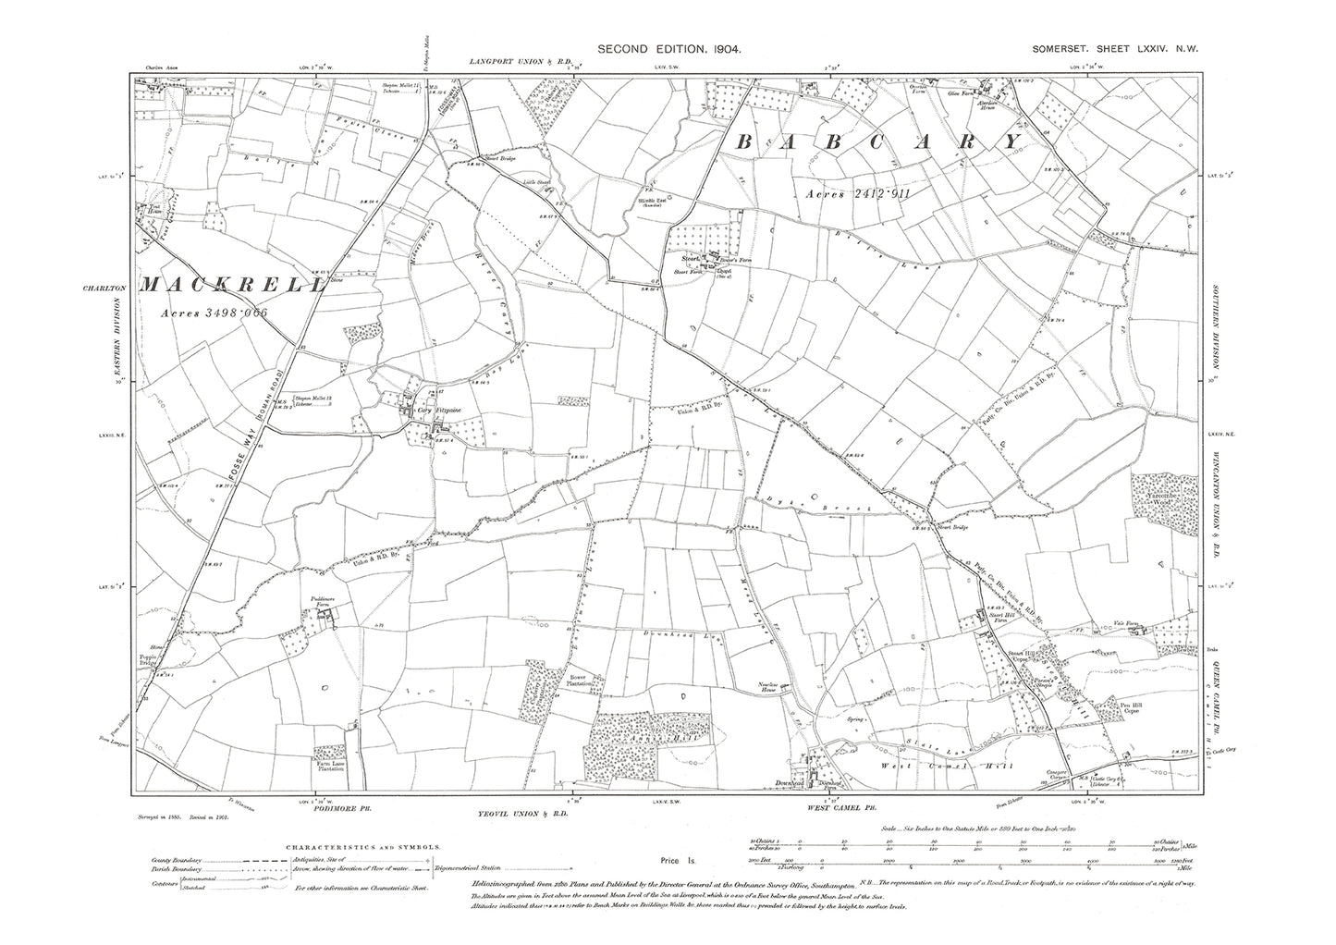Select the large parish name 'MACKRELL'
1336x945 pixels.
232,285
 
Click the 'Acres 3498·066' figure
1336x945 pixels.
213,313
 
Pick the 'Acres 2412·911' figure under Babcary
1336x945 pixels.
867,193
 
